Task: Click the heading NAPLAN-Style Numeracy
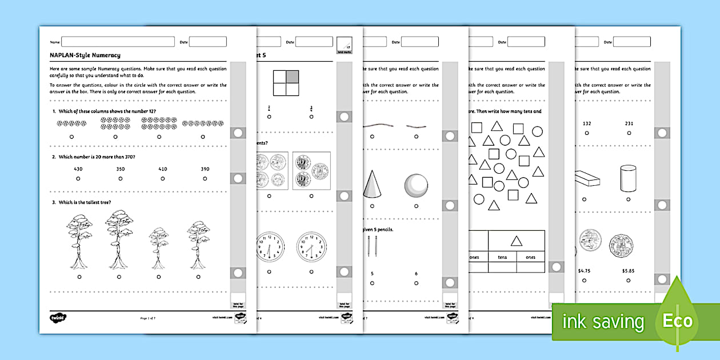click(85, 55)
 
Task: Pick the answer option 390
click(205, 169)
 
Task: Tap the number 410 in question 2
click(162, 169)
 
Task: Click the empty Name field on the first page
click(118, 42)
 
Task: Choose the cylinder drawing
click(628, 179)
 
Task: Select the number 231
click(628, 123)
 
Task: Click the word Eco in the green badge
click(677, 321)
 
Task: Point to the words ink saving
click(603, 322)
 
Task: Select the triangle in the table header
click(516, 241)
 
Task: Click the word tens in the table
click(502, 257)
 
